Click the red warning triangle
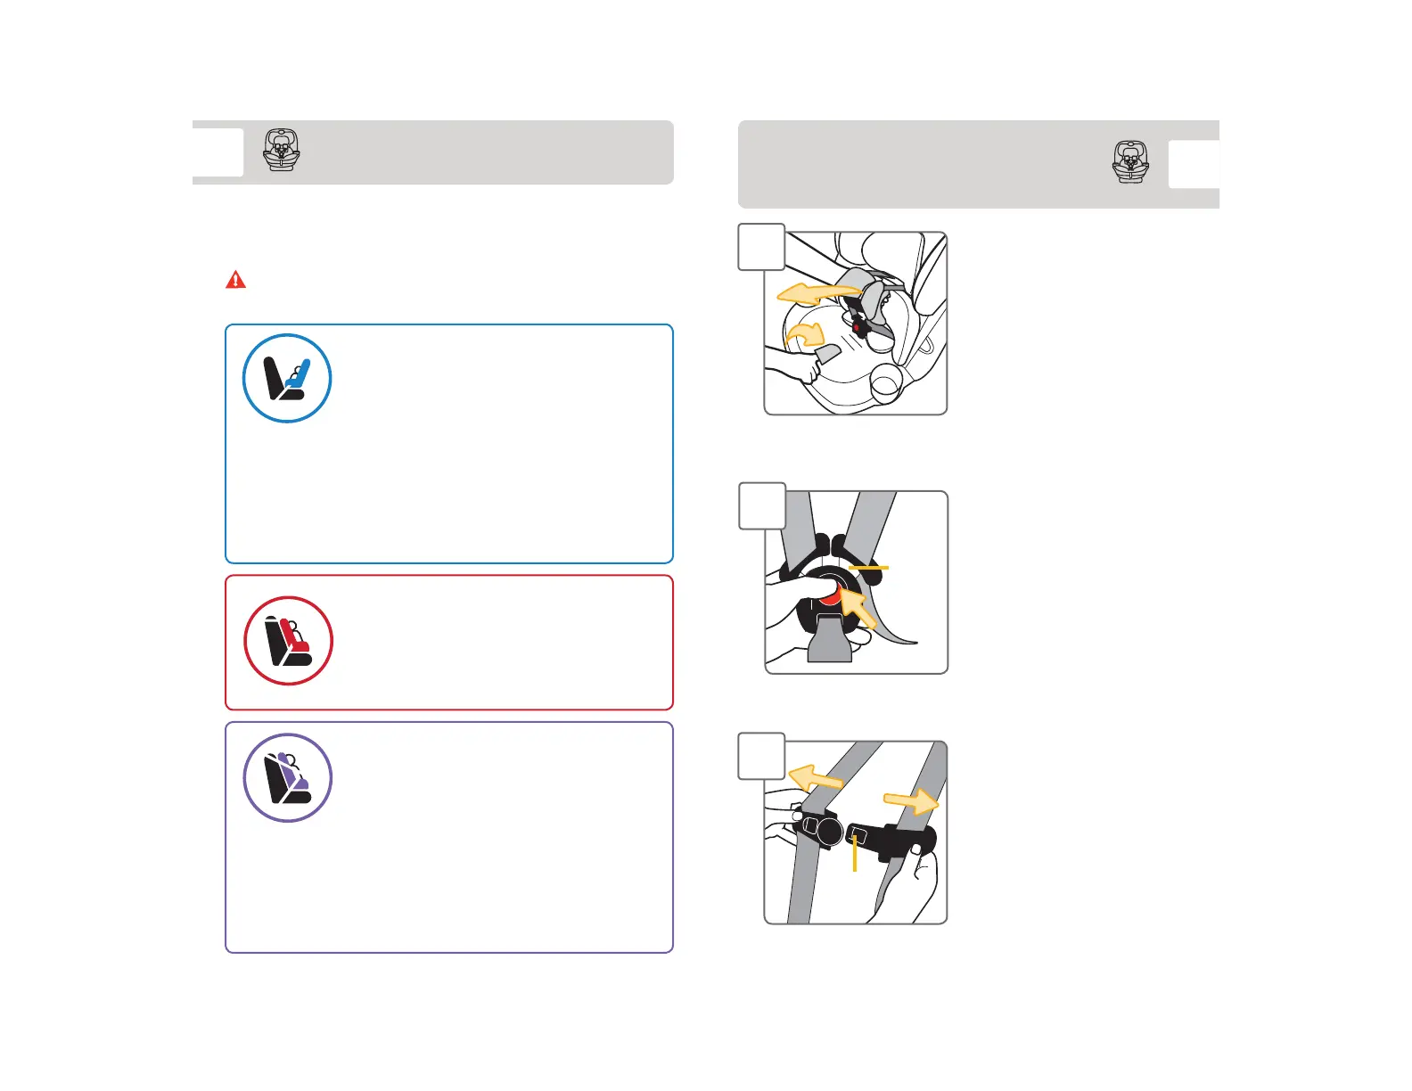point(235,280)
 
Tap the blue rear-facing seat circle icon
point(287,378)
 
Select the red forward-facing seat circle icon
point(288,641)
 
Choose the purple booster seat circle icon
point(288,778)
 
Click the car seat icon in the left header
point(282,151)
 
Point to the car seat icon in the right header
point(1130,162)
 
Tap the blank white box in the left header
point(218,152)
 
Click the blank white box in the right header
point(1194,164)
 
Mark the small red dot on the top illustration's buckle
point(857,327)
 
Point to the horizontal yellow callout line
point(868,567)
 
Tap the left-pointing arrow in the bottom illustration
point(815,777)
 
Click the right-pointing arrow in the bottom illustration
point(912,801)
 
